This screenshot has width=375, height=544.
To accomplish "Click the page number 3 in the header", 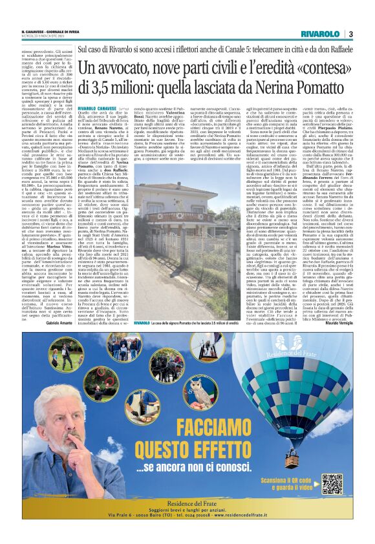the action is (350, 34).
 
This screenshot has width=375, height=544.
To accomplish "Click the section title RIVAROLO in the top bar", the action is (320, 34).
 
